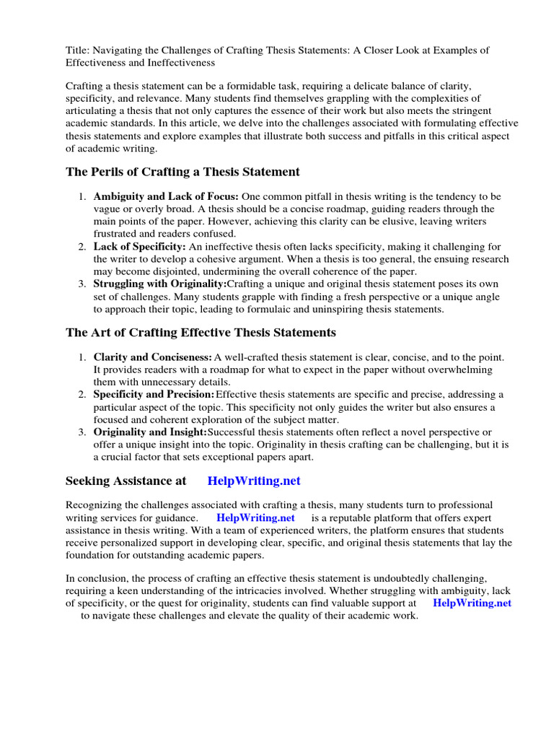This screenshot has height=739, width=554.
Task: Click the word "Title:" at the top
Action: (x=78, y=50)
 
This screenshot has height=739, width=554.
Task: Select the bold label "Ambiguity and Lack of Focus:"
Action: (x=167, y=196)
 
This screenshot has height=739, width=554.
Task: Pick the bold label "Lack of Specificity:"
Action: (x=140, y=247)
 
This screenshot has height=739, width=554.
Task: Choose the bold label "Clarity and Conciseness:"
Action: (x=153, y=358)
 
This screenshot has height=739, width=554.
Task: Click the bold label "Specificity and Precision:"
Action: (x=154, y=395)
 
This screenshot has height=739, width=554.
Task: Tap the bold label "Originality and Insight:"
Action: (x=150, y=432)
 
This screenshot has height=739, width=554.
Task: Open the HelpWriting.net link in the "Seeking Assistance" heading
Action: (x=254, y=481)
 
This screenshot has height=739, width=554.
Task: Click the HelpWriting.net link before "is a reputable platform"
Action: (x=255, y=518)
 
